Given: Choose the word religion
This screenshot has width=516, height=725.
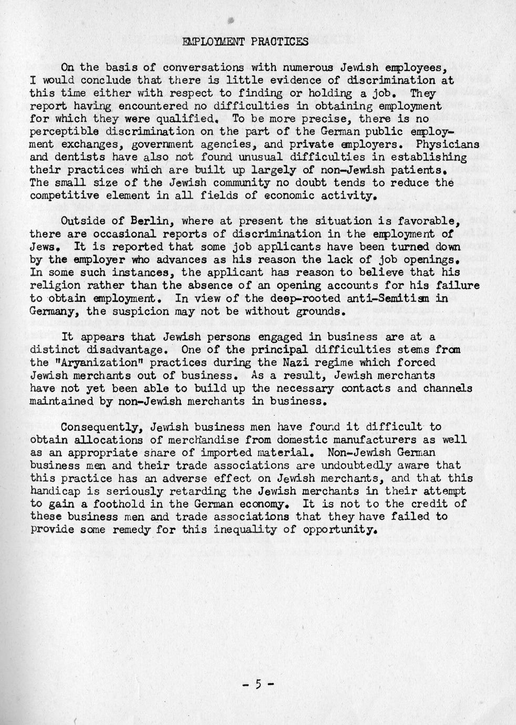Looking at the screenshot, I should pyautogui.click(x=55, y=285).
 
